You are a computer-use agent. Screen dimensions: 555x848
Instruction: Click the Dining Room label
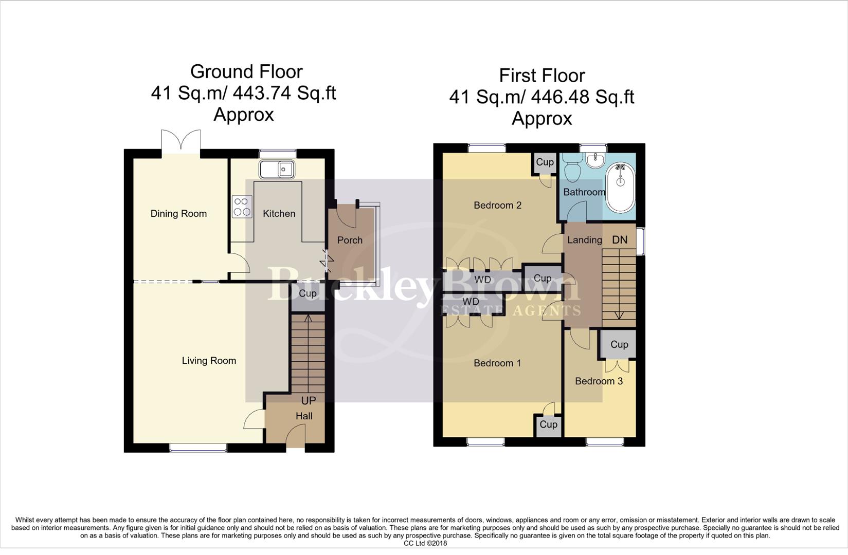pos(178,214)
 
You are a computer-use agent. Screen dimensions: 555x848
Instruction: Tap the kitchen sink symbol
pos(277,169)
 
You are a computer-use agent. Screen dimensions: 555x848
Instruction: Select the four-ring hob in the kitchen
pos(242,207)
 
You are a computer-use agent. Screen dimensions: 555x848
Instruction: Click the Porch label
pos(350,240)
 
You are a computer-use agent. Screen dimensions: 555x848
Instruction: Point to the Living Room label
pos(209,361)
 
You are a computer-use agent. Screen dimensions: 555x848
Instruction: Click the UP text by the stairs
pos(308,400)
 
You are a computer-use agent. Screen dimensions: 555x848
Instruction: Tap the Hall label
pos(304,416)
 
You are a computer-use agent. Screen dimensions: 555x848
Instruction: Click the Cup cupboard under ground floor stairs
pos(308,293)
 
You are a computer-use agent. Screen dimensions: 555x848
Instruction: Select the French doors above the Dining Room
pos(180,140)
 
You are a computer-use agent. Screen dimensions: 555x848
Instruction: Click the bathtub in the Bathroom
pos(620,188)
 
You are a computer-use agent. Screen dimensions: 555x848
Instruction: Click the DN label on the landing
pos(620,240)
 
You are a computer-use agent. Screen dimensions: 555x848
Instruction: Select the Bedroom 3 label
pos(599,381)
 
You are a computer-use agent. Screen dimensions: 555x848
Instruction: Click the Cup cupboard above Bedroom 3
pos(619,345)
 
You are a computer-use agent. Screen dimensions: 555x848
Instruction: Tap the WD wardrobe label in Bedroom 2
pos(482,280)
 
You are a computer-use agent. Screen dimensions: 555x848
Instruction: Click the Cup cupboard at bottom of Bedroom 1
pos(548,424)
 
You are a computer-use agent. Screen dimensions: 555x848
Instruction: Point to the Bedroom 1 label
pos(497,363)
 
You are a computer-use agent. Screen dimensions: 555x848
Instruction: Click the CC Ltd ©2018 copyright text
pos(425,543)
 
